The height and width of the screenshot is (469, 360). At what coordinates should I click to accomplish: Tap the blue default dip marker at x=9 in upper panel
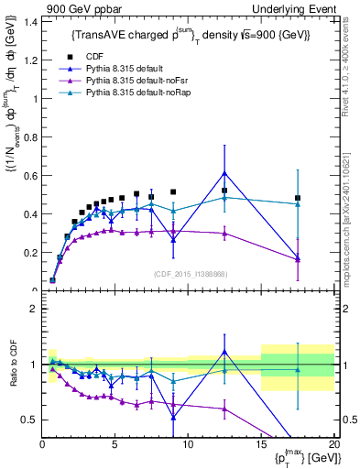point(173,240)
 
